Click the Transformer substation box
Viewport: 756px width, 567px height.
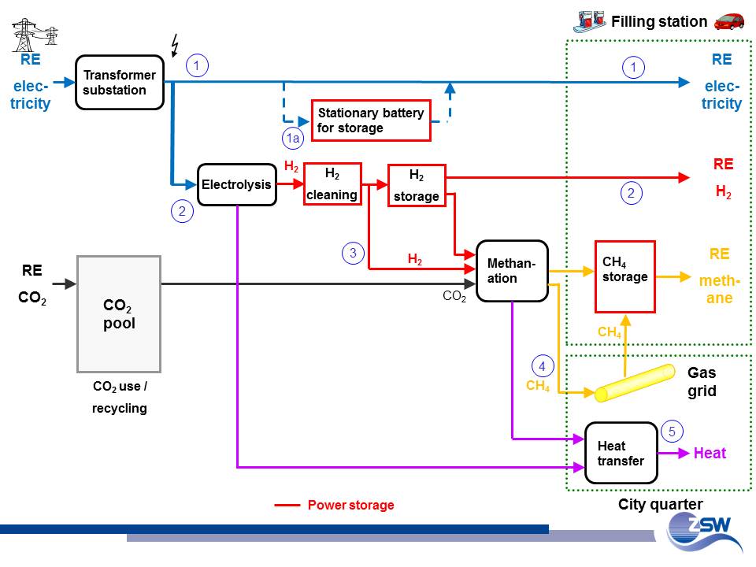pyautogui.click(x=120, y=83)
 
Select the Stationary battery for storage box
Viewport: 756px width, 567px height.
pyautogui.click(x=371, y=120)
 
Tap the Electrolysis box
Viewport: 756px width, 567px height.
pyautogui.click(x=236, y=185)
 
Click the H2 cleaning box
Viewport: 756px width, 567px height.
pyautogui.click(x=332, y=184)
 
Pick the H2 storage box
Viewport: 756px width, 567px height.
pyautogui.click(x=417, y=186)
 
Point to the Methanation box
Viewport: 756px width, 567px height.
pyautogui.click(x=512, y=271)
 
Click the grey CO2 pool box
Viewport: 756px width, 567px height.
pyautogui.click(x=119, y=313)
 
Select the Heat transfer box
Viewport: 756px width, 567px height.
pyautogui.click(x=621, y=453)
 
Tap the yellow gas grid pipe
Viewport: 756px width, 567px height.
pyautogui.click(x=635, y=384)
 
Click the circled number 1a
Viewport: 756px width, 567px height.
pyautogui.click(x=292, y=139)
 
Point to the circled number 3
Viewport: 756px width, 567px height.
pyautogui.click(x=353, y=253)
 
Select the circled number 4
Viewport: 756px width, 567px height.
pyautogui.click(x=542, y=366)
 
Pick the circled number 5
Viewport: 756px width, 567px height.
pyautogui.click(x=672, y=431)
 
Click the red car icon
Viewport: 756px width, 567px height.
pyautogui.click(x=729, y=20)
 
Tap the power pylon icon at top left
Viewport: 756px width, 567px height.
pyautogui.click(x=35, y=35)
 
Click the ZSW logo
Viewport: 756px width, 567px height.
pyautogui.click(x=702, y=533)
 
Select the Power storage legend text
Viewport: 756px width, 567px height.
pyautogui.click(x=350, y=505)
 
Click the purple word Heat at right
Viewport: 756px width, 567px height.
pyautogui.click(x=710, y=453)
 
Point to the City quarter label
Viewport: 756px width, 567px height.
pyautogui.click(x=660, y=504)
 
